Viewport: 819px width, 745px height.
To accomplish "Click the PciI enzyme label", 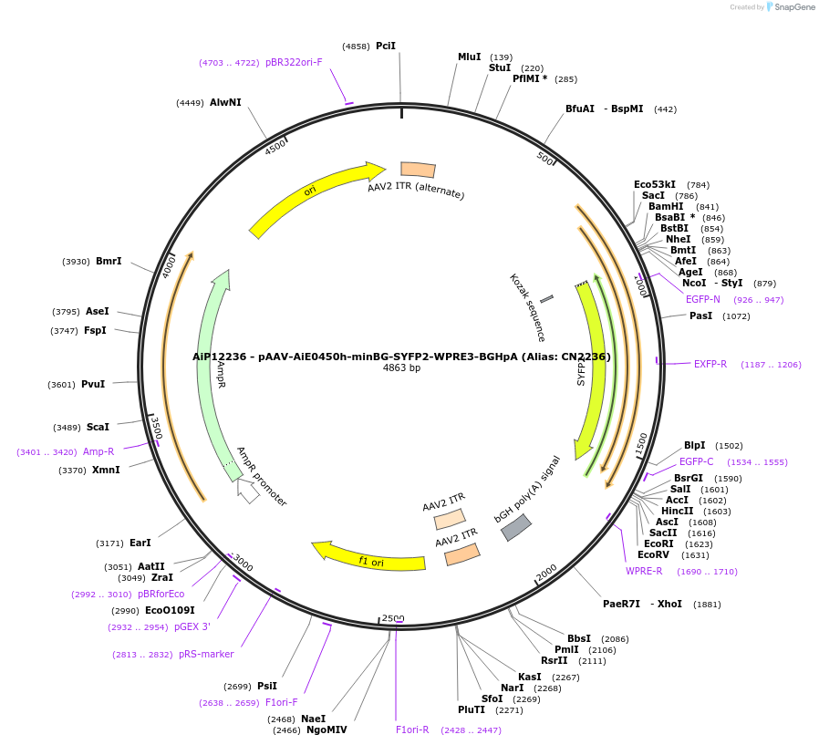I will (x=386, y=46).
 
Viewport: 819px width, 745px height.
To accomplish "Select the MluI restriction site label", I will (x=469, y=57).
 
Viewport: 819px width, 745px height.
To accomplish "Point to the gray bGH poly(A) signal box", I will (x=516, y=527).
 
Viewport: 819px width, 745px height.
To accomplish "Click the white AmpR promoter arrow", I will (x=246, y=490).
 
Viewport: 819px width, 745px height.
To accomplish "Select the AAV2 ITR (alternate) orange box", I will (x=418, y=170).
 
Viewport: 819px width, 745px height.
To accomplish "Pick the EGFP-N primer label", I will (x=702, y=299).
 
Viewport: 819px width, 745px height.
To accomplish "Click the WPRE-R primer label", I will (x=644, y=571).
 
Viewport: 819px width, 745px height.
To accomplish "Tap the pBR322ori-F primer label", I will (x=294, y=62).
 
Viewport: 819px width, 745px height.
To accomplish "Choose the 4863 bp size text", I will (x=401, y=368).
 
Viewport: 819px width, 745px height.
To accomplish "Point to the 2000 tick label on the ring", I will (x=546, y=572).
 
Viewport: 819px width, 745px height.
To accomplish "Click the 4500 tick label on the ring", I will (x=275, y=147).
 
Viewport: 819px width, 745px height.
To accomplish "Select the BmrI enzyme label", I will (x=109, y=261).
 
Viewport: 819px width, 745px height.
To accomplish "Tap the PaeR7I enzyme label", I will (x=621, y=604).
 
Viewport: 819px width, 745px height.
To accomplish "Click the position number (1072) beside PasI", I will (x=735, y=316).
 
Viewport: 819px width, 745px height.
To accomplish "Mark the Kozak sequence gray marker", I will (x=546, y=298).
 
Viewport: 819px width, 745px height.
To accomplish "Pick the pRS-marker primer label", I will (x=206, y=654).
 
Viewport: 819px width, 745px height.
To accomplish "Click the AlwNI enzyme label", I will (x=225, y=102).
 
